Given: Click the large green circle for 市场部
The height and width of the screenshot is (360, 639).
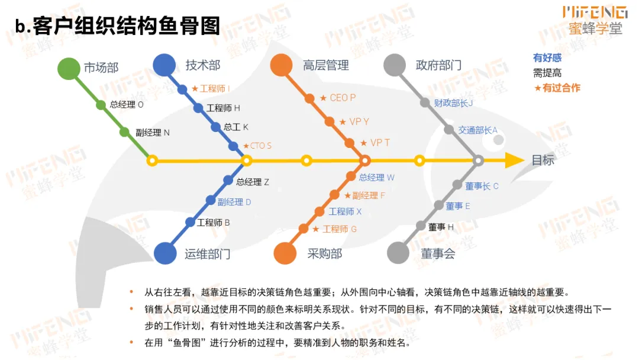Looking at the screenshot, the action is tap(69, 69).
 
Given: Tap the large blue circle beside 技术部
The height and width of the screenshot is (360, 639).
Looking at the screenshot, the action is tap(164, 65).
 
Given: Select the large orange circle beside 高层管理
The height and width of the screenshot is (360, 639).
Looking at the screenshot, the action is tap(281, 65).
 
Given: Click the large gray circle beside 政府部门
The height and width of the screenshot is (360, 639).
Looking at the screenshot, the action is tap(395, 65).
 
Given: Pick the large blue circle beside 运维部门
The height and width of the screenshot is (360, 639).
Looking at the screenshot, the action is tap(166, 253).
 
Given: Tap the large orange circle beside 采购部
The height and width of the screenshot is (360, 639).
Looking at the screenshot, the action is tap(285, 253).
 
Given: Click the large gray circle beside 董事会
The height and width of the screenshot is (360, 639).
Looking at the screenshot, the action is tap(399, 253).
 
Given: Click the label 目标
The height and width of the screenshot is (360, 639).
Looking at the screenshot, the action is tap(543, 160).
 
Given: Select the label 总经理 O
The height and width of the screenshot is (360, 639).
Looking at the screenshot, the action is tap(127, 105).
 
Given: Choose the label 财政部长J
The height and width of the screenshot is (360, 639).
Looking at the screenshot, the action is tap(453, 102).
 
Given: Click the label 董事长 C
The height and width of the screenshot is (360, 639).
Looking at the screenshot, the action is tap(482, 186).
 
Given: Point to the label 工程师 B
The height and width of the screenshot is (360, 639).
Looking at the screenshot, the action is tap(214, 223).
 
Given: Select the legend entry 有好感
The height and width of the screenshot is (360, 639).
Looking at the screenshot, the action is tap(547, 58).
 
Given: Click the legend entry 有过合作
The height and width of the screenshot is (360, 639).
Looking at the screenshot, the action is tap(557, 88).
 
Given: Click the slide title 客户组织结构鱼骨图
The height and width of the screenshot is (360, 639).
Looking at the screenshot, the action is tap(118, 26).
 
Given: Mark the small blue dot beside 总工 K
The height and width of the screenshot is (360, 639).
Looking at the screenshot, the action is tap(216, 127).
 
